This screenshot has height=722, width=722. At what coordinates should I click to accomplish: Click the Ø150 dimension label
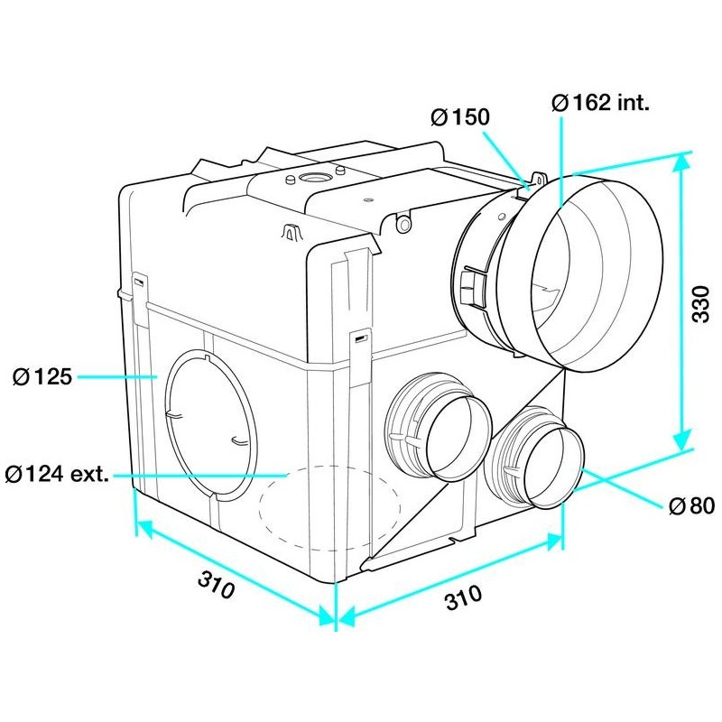coord(460,117)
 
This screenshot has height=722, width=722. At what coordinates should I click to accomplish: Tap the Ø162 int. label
coord(600,102)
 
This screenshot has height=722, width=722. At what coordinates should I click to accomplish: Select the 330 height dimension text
coord(701,304)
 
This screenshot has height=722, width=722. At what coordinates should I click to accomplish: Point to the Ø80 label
coord(691,506)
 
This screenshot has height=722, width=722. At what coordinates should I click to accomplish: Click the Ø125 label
coord(42,376)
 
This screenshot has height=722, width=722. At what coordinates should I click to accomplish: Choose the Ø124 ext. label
coord(57,474)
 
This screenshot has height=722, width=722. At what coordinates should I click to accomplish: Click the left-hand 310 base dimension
coord(216,584)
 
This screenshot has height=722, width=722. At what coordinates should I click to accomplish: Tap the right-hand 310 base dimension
coord(463,597)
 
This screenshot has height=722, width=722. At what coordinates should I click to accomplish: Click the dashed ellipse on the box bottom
coord(329,507)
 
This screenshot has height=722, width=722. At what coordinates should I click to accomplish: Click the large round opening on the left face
coord(211,425)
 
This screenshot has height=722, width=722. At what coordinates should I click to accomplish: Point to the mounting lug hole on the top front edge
coord(404,225)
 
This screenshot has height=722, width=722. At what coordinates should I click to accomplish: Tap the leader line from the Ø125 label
coord(117,376)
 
